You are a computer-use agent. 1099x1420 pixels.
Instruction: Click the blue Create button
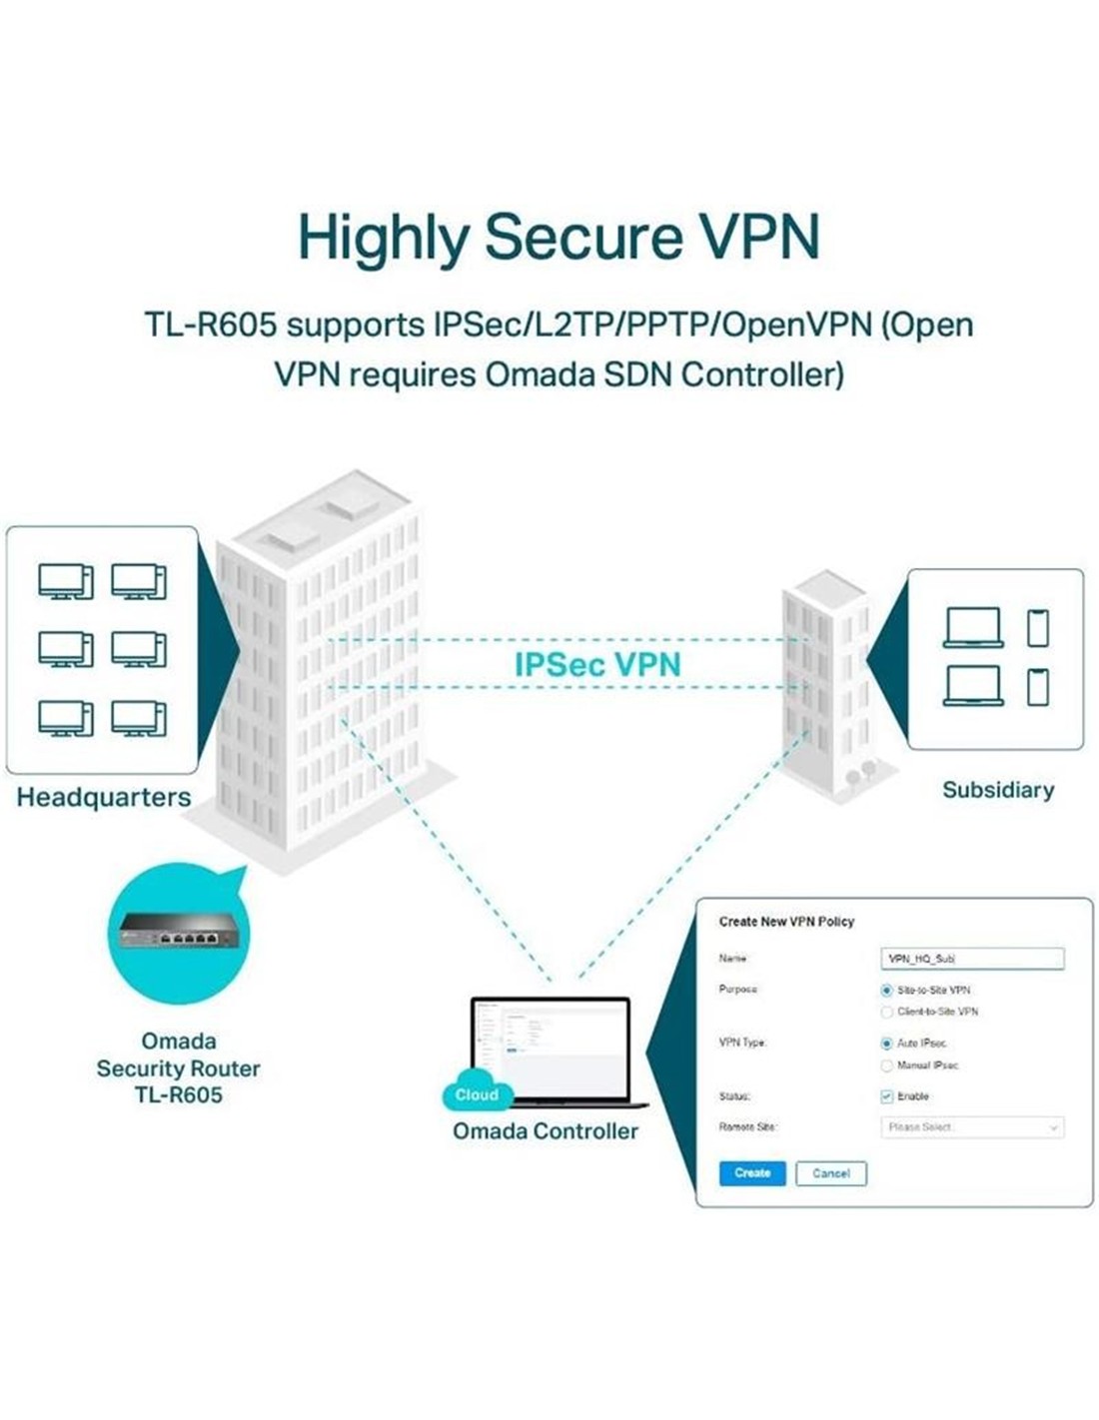[x=752, y=1173]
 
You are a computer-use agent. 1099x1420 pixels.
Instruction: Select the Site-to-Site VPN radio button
[x=886, y=991]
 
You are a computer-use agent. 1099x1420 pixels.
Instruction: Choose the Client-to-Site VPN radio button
[x=886, y=1012]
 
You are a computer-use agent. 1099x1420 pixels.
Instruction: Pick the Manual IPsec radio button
[x=886, y=1065]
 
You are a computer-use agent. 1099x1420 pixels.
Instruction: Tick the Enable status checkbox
[x=886, y=1096]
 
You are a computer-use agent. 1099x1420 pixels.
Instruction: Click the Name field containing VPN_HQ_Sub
[x=971, y=959]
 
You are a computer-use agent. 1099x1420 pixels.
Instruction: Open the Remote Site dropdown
[x=971, y=1127]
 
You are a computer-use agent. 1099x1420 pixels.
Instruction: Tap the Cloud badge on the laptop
[x=477, y=1094]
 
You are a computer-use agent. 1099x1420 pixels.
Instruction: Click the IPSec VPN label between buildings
[x=597, y=665]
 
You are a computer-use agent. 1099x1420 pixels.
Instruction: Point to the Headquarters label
[x=104, y=798]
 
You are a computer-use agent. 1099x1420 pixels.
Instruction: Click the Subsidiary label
[x=998, y=790]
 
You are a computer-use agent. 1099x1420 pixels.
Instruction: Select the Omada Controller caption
[x=546, y=1131]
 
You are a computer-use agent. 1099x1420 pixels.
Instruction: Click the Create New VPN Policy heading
[x=786, y=922]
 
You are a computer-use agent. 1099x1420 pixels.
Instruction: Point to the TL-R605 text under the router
[x=179, y=1094]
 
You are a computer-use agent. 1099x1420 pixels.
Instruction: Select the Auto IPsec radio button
[x=886, y=1044]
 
